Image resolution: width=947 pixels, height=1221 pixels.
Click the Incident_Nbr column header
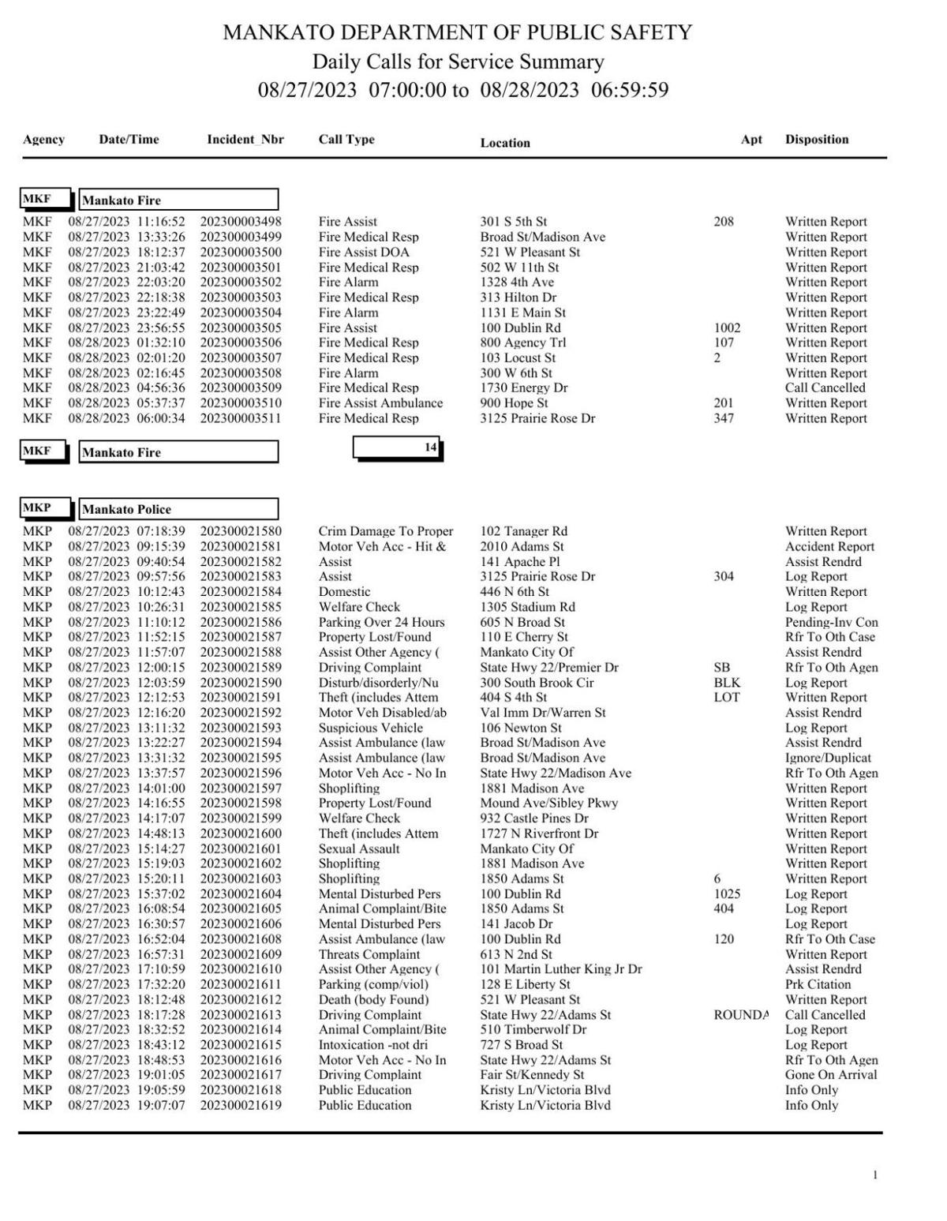coord(245,140)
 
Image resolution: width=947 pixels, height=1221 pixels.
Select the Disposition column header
coord(816,140)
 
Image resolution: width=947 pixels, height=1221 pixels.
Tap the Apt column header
coord(751,140)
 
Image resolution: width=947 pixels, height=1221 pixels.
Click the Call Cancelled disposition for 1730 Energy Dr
coord(825,388)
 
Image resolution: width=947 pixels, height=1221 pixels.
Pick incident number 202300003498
coord(240,222)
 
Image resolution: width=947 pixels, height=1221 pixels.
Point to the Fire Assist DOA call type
coord(364,252)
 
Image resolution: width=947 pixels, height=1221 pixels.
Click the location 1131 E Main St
coord(522,313)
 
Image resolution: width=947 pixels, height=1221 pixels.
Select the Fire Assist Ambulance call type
coord(380,403)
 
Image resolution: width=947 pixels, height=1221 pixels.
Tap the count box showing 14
coord(398,448)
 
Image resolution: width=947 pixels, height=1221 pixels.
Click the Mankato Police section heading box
coord(178,509)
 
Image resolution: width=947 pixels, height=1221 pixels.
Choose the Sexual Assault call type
coord(358,848)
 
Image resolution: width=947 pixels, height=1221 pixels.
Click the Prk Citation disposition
coord(818,984)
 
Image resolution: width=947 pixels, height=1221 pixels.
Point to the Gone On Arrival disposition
coord(830,1075)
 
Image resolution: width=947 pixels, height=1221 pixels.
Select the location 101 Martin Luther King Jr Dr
coord(560,969)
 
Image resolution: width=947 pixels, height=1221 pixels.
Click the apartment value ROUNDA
coord(739,1015)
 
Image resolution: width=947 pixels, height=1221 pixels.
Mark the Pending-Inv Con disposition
coord(831,622)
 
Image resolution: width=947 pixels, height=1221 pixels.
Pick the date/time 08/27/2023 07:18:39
coord(126,531)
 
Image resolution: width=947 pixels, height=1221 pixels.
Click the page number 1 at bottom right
coord(874,1175)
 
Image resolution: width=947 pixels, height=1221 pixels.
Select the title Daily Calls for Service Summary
coord(458,62)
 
